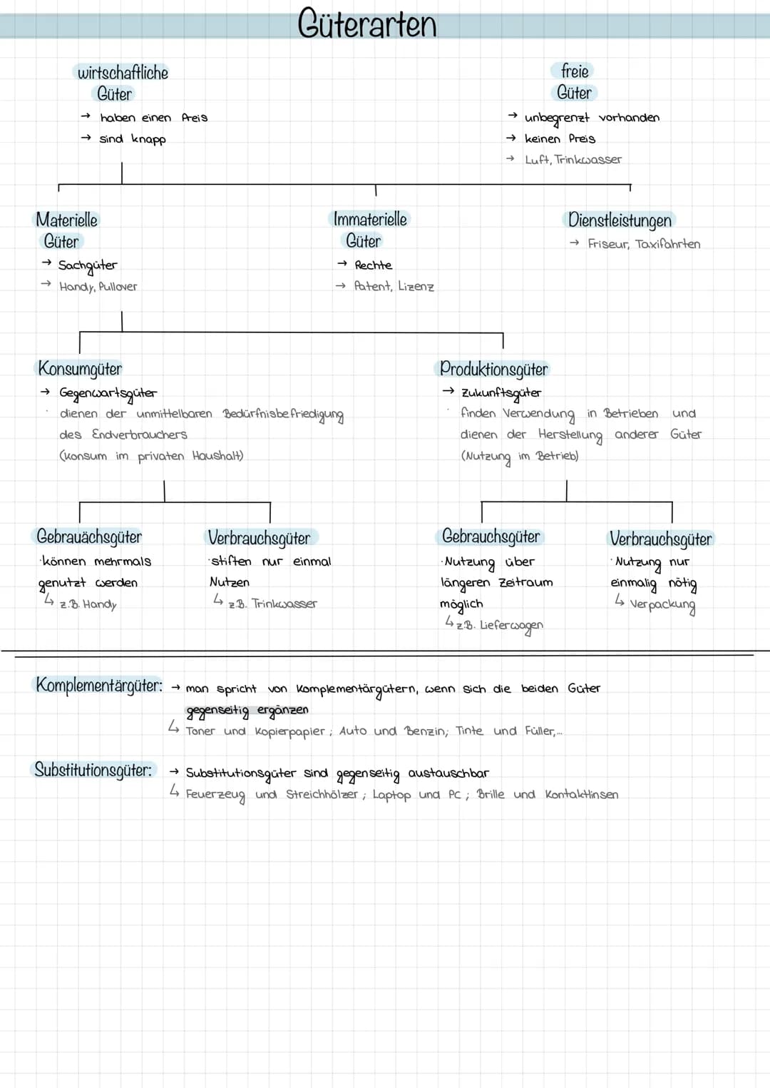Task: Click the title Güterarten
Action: [x=367, y=24]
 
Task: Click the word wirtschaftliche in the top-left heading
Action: [x=123, y=73]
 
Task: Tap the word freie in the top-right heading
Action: [x=575, y=71]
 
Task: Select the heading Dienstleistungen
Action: [x=620, y=220]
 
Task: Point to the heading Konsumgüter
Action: [x=80, y=369]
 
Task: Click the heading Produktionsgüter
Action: [x=494, y=369]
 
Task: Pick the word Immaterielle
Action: [x=370, y=219]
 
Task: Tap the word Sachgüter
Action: [x=88, y=265]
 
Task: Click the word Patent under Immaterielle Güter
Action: [x=373, y=286]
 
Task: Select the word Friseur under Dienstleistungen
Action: [x=608, y=244]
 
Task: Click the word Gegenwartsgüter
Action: [x=108, y=393]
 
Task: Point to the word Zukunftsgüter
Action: [x=501, y=393]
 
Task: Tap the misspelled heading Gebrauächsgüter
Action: [x=89, y=537]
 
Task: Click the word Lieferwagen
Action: [x=511, y=626]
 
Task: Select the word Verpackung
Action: [x=663, y=605]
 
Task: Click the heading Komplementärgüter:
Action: [x=99, y=686]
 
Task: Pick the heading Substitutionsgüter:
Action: [x=93, y=770]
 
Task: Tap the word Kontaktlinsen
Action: [x=582, y=795]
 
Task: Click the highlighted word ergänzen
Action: [x=282, y=710]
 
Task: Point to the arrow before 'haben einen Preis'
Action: [x=86, y=116]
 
